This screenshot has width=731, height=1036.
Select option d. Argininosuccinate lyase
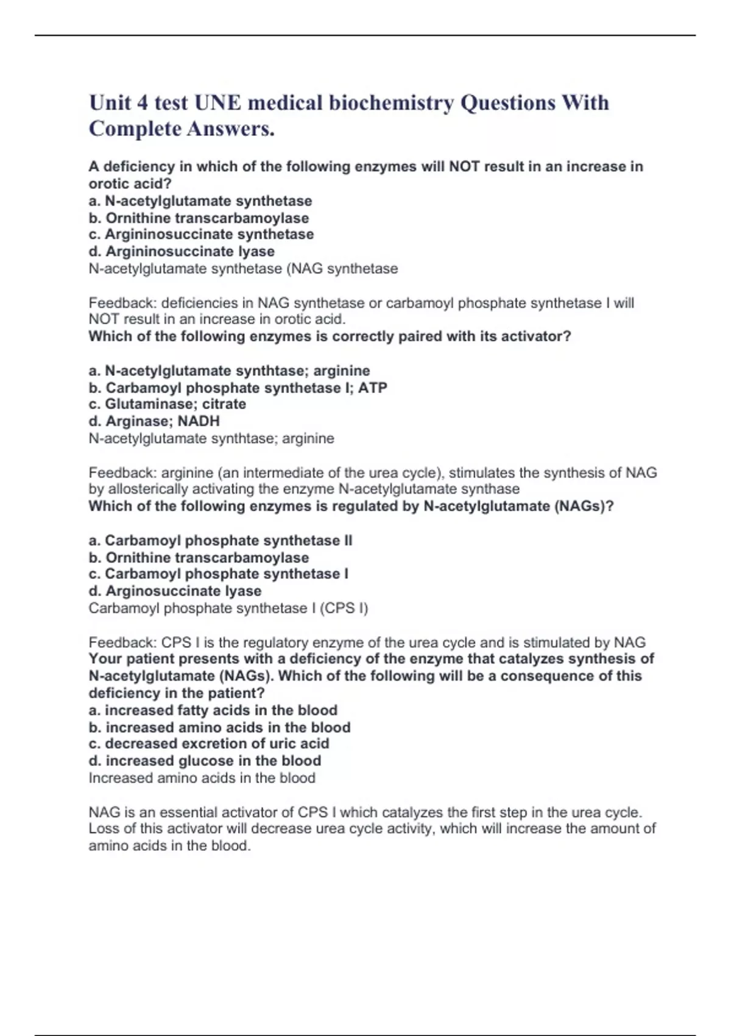coord(182,251)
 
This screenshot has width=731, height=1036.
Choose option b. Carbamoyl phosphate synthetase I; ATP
coord(238,388)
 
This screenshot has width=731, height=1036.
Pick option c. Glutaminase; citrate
coord(168,404)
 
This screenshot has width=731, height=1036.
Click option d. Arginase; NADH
coord(154,421)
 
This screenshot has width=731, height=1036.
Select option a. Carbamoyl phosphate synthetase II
coord(221,541)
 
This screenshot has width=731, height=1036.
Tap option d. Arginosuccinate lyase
coord(175,591)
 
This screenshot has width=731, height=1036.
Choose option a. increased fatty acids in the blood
coord(213,710)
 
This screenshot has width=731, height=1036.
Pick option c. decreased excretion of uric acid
coord(209,743)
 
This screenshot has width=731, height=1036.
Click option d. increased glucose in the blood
coord(205,761)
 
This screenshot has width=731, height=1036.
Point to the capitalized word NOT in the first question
coord(464,166)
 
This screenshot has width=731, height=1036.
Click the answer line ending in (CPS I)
coord(228,608)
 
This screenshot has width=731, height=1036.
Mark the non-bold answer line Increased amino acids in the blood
coord(202,778)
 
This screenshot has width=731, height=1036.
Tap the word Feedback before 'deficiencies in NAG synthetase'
coord(122,303)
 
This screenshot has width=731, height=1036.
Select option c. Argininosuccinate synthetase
coord(201,235)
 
